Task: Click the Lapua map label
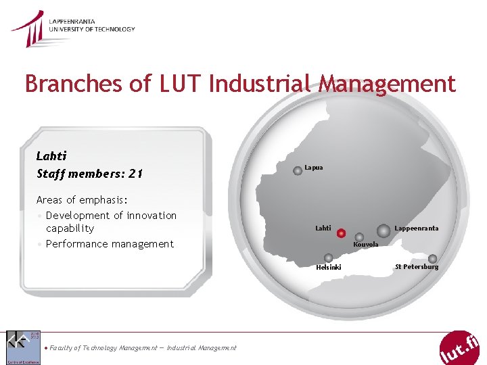(314, 167)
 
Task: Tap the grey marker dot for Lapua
(298, 171)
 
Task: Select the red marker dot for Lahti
(342, 233)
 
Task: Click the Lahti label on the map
(323, 228)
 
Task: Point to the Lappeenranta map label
(416, 228)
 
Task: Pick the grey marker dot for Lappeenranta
(384, 230)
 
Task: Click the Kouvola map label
(366, 245)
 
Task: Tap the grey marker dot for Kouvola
(359, 237)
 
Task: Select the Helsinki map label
(329, 268)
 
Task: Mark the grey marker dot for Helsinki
(328, 258)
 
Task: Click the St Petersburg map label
(417, 267)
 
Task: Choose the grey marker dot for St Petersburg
(432, 258)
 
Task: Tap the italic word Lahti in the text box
(51, 156)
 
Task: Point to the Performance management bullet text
(110, 244)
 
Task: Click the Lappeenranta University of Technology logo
(72, 28)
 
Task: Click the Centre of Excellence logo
(23, 347)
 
